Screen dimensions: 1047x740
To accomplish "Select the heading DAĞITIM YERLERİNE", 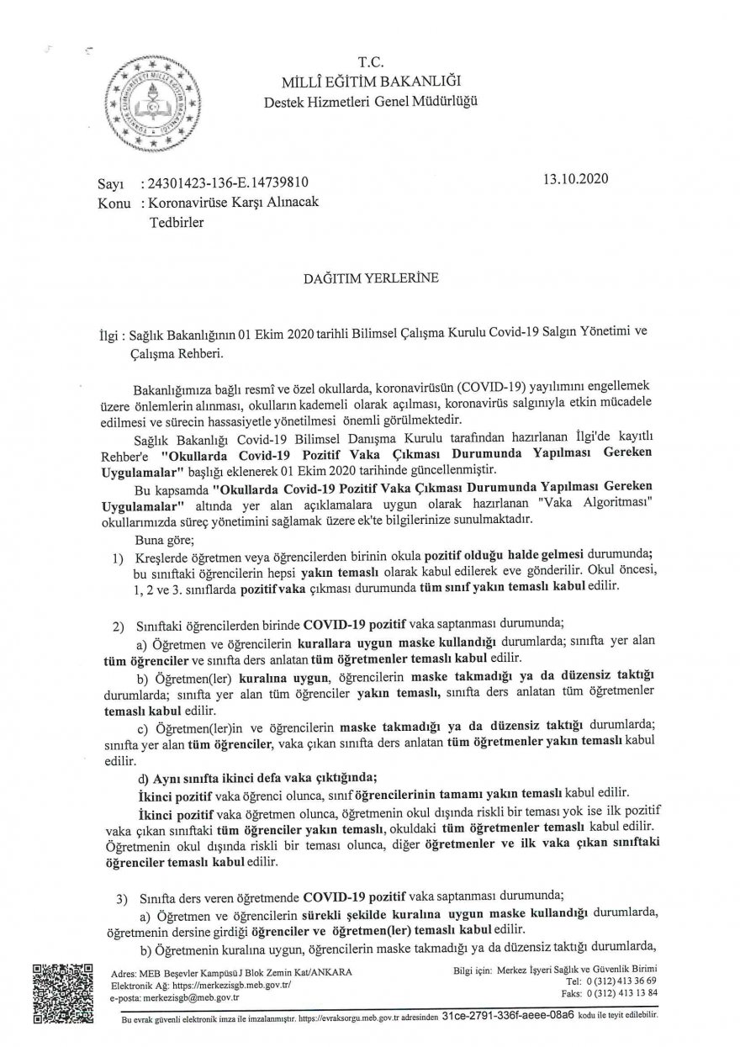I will click(369, 277).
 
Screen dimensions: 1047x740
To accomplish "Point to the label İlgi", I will click(109, 334).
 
